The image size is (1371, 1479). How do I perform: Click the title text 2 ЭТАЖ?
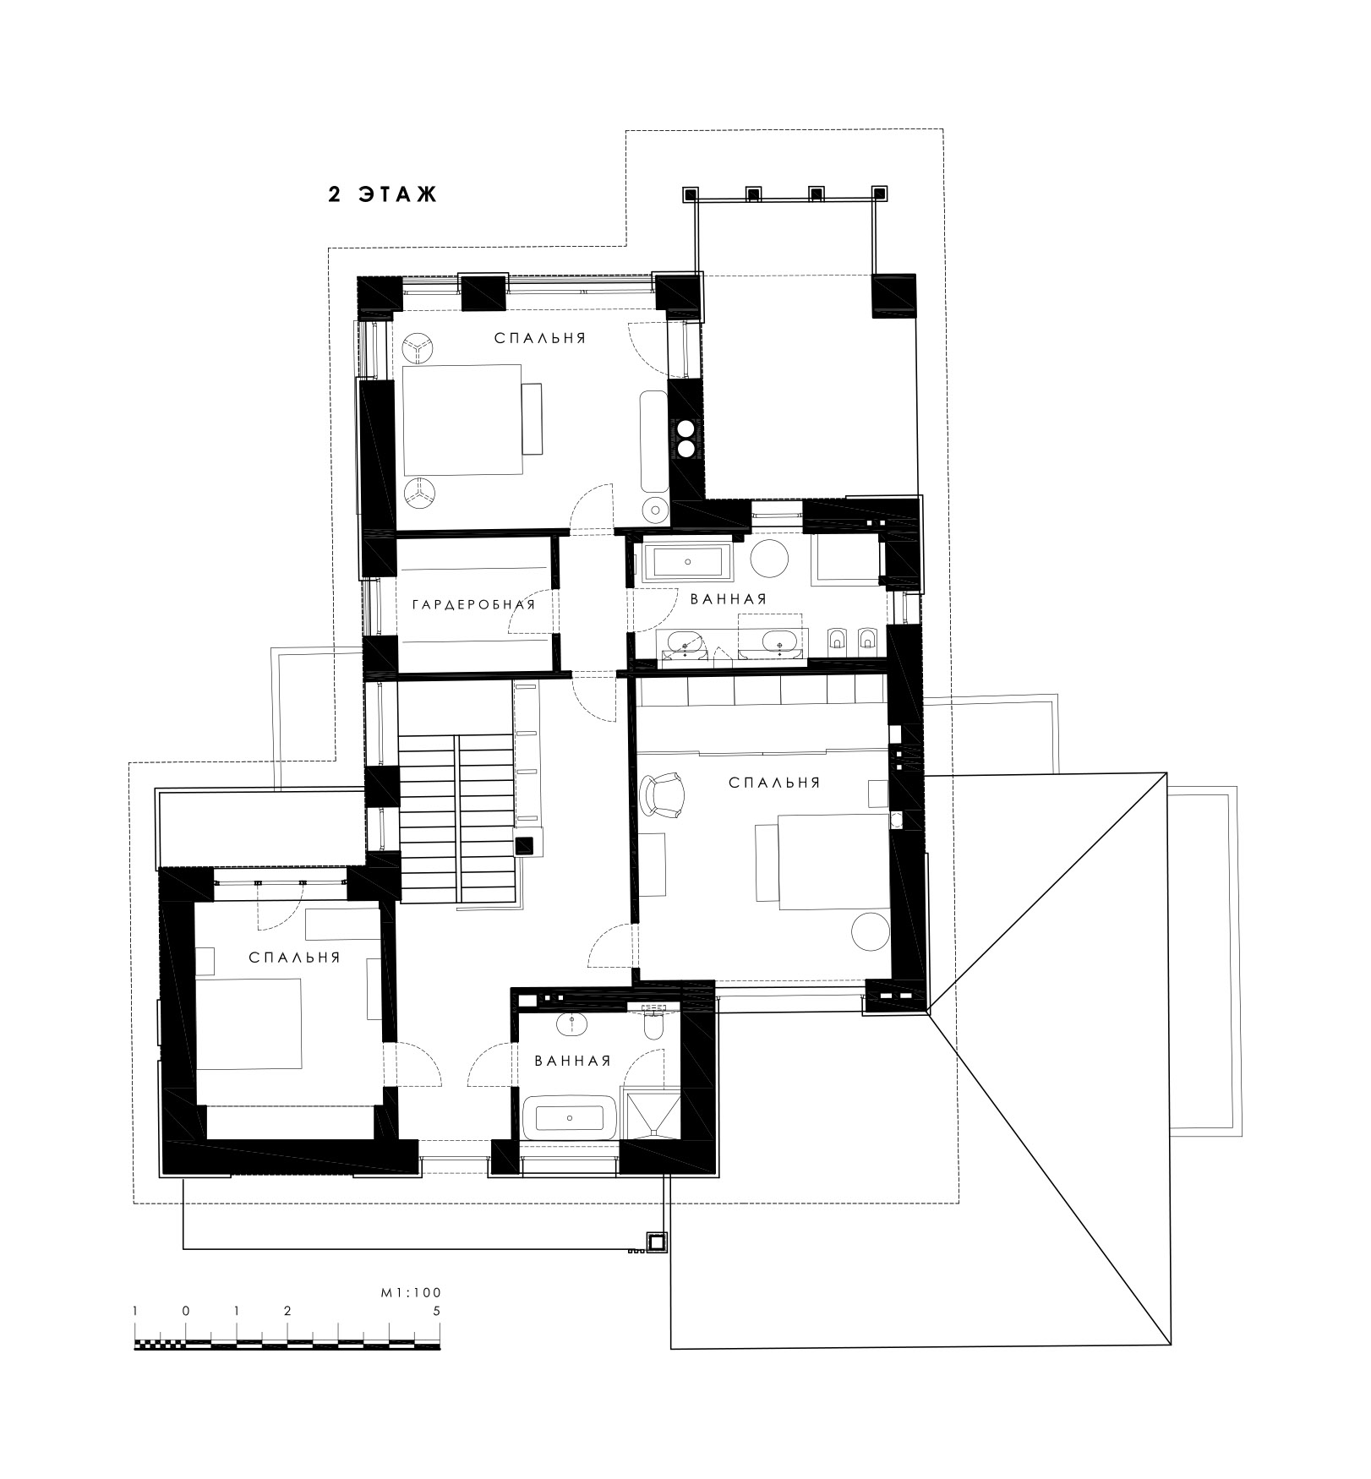(x=383, y=194)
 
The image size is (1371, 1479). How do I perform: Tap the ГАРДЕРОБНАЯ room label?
(x=473, y=604)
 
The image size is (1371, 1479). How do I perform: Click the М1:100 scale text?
(x=412, y=1292)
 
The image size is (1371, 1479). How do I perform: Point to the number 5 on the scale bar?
(x=436, y=1311)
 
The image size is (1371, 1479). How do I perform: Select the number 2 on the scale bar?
(x=287, y=1311)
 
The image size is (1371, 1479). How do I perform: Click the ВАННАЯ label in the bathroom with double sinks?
(x=729, y=598)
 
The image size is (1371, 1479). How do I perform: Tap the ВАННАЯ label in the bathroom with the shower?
(x=572, y=1061)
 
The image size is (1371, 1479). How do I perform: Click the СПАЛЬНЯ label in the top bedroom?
(x=540, y=338)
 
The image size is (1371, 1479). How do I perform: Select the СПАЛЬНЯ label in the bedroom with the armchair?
(x=774, y=783)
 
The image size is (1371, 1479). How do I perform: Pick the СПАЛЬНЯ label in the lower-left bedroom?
(x=295, y=958)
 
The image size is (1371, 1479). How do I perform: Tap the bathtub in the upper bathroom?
(x=688, y=561)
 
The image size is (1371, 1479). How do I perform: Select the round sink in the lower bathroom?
(x=572, y=1023)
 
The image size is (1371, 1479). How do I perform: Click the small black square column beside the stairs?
(x=524, y=843)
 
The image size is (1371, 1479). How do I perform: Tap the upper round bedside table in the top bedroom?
(x=418, y=347)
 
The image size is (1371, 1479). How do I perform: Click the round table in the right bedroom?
(x=870, y=932)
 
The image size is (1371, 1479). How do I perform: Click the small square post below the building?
(x=656, y=1242)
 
